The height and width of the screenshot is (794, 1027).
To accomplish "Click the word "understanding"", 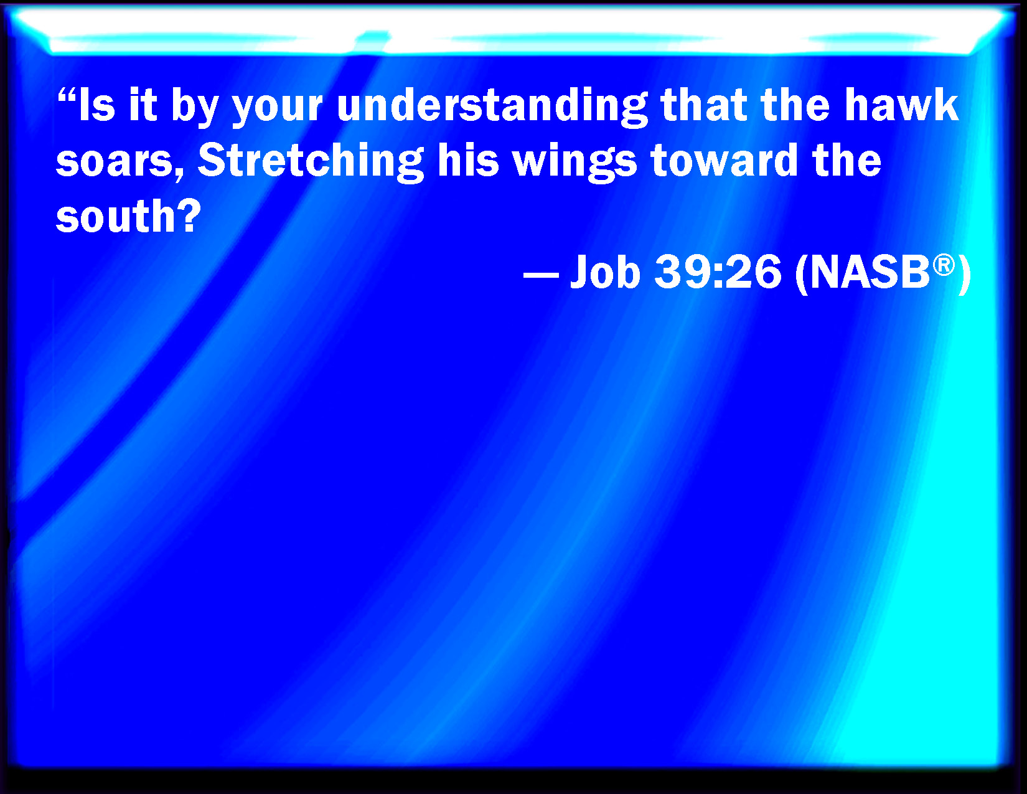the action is [492, 107].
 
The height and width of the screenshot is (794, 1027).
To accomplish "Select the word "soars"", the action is [120, 161].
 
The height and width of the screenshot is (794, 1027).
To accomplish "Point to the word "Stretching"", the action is [311, 162].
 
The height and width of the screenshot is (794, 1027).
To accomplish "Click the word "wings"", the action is [575, 162].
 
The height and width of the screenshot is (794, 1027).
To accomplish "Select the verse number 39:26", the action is [718, 272].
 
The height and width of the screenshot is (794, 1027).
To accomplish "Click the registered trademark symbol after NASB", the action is [944, 265].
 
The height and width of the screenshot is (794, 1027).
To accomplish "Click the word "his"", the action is [468, 160].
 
